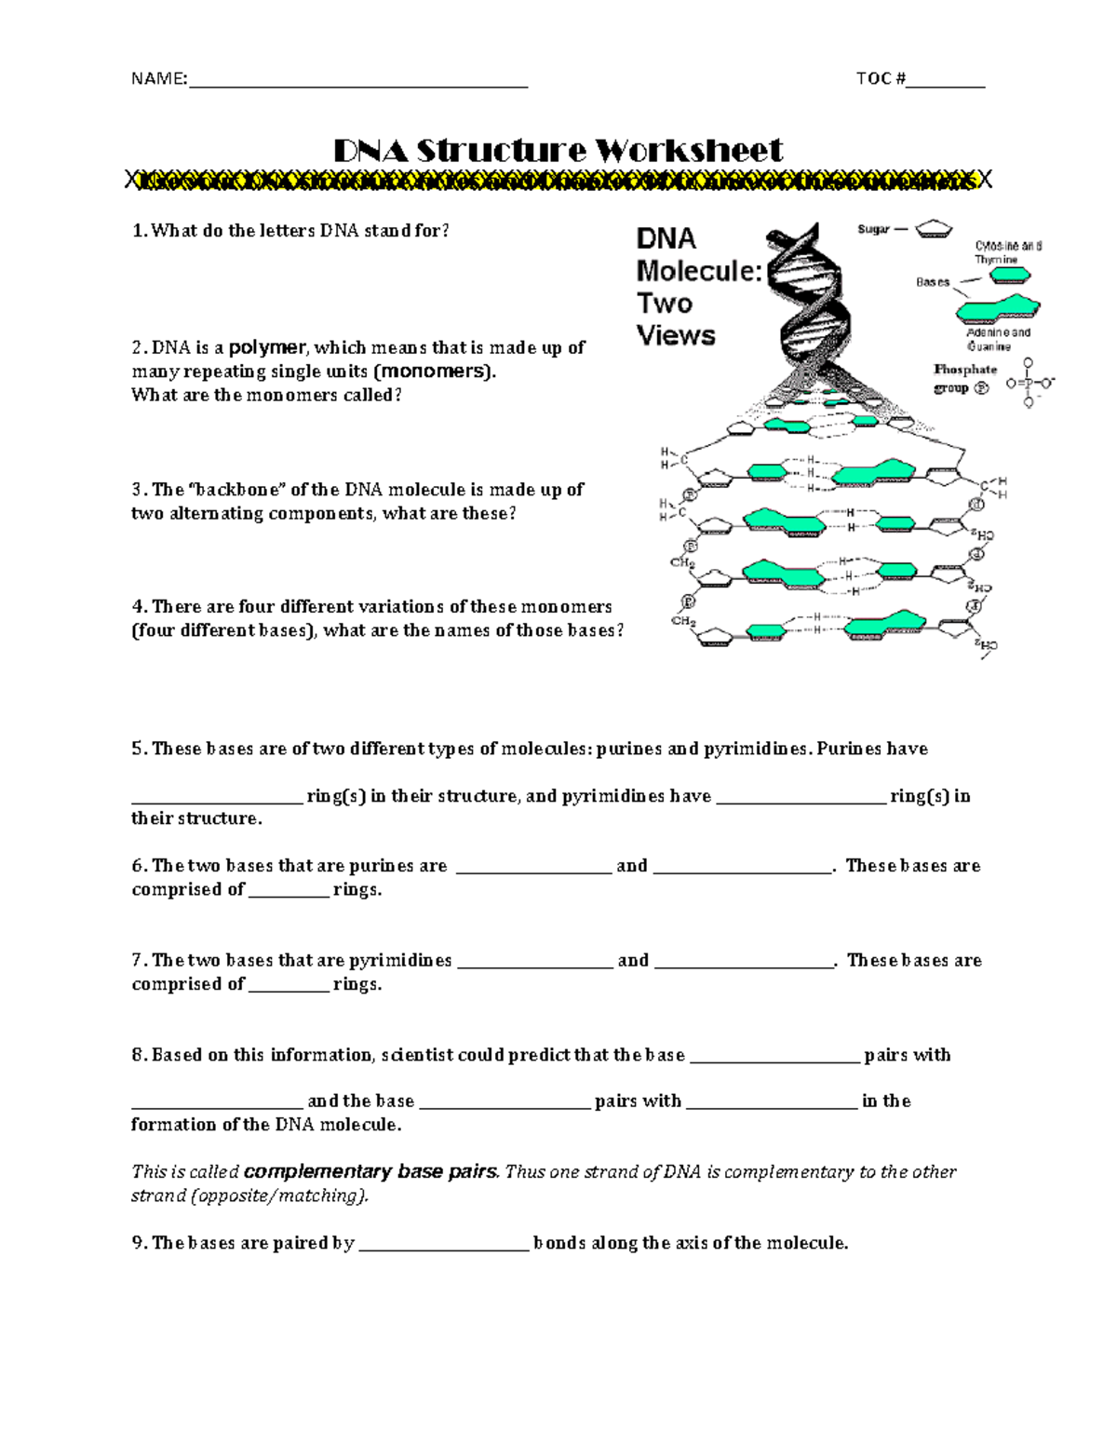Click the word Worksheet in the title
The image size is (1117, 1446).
pos(689,150)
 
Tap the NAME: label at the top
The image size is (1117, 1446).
pos(158,78)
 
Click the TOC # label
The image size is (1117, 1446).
pos(880,78)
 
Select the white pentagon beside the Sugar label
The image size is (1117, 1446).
pos(934,229)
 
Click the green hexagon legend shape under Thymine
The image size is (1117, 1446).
pos(1009,275)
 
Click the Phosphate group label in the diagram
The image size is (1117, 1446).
pos(964,378)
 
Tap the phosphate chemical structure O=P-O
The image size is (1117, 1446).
pos(1030,382)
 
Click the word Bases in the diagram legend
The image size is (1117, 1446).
pos(932,282)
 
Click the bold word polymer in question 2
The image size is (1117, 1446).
pos(267,347)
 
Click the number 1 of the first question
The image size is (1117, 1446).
pos(138,231)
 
